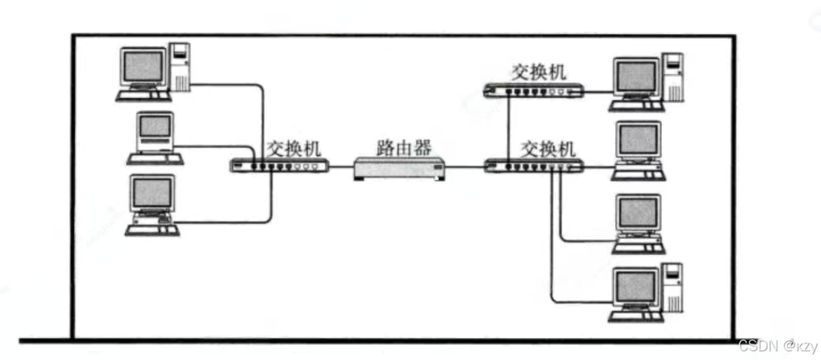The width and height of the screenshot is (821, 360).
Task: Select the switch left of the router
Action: click(x=279, y=166)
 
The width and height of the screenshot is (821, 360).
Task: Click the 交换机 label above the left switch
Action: click(x=294, y=147)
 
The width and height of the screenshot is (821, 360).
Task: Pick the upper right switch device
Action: click(x=534, y=91)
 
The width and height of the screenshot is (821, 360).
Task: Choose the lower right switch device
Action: click(x=534, y=166)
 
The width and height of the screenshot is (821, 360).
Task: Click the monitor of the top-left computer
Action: click(x=144, y=68)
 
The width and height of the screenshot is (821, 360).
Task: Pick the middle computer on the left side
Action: click(x=155, y=137)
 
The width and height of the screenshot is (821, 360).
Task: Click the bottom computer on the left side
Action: click(x=152, y=204)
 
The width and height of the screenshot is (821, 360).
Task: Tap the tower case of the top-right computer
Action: click(x=673, y=77)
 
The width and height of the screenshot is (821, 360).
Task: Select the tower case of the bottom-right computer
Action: click(x=673, y=289)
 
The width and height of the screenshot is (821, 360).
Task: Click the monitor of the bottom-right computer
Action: click(x=636, y=290)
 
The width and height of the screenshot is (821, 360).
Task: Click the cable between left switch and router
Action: click(x=340, y=167)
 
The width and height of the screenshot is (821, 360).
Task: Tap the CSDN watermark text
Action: click(x=775, y=346)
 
